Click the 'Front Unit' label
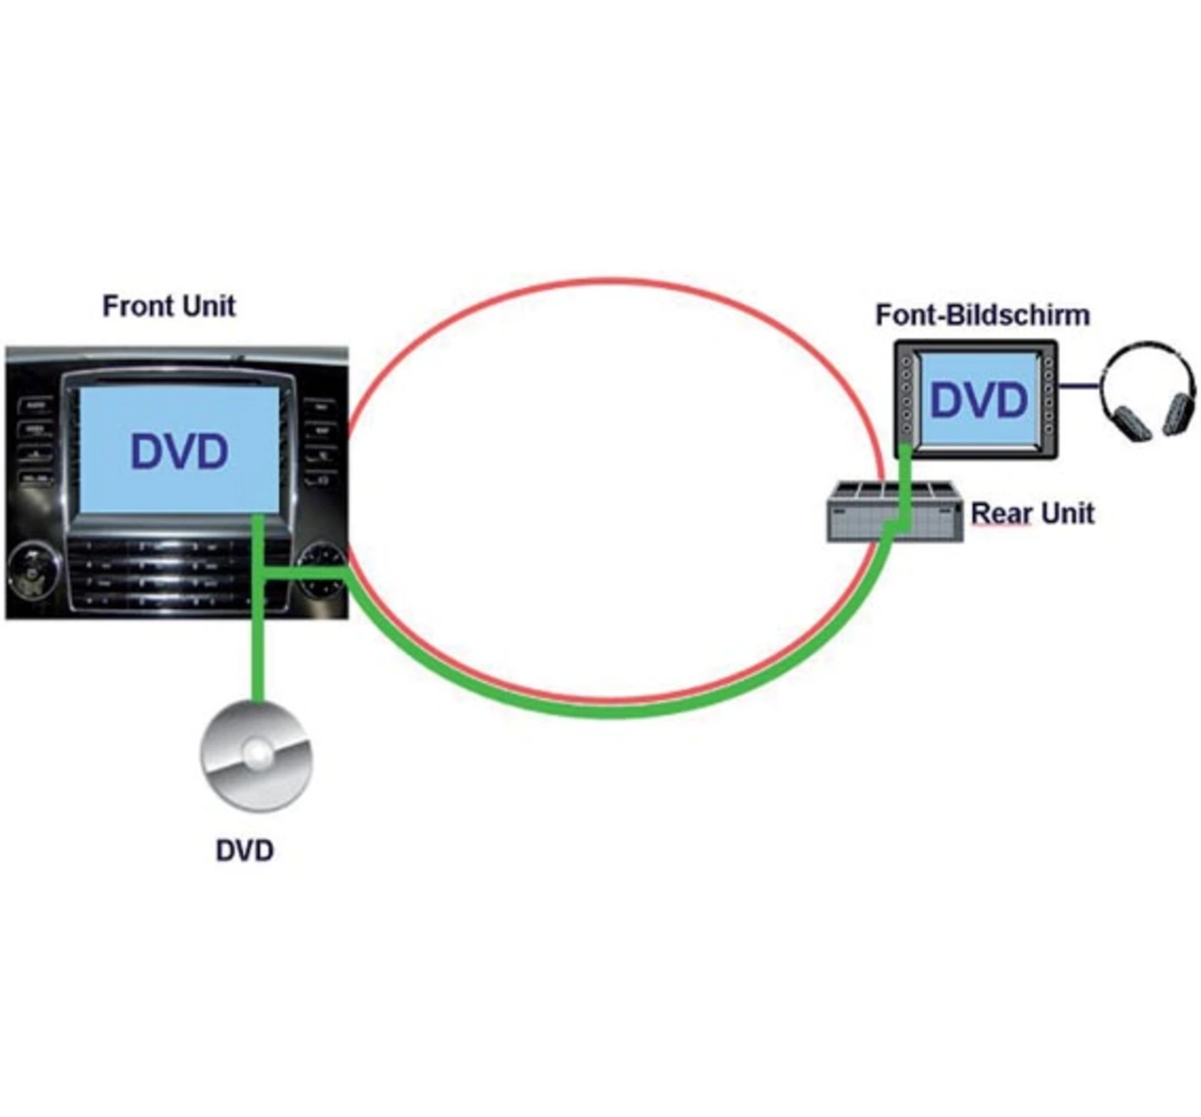point(169,306)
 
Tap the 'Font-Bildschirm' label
point(982,315)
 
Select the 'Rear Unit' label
point(1032,513)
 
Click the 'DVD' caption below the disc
point(245,850)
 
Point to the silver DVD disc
point(256,757)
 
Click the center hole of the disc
point(258,754)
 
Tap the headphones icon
point(1147,391)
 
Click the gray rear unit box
point(894,511)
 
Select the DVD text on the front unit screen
point(179,451)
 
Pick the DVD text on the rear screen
point(979,400)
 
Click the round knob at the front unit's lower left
point(34,571)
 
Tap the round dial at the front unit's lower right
point(324,571)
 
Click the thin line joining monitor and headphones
point(1079,386)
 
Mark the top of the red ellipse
point(614,280)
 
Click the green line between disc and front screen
point(258,608)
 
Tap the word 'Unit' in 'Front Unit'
point(208,306)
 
